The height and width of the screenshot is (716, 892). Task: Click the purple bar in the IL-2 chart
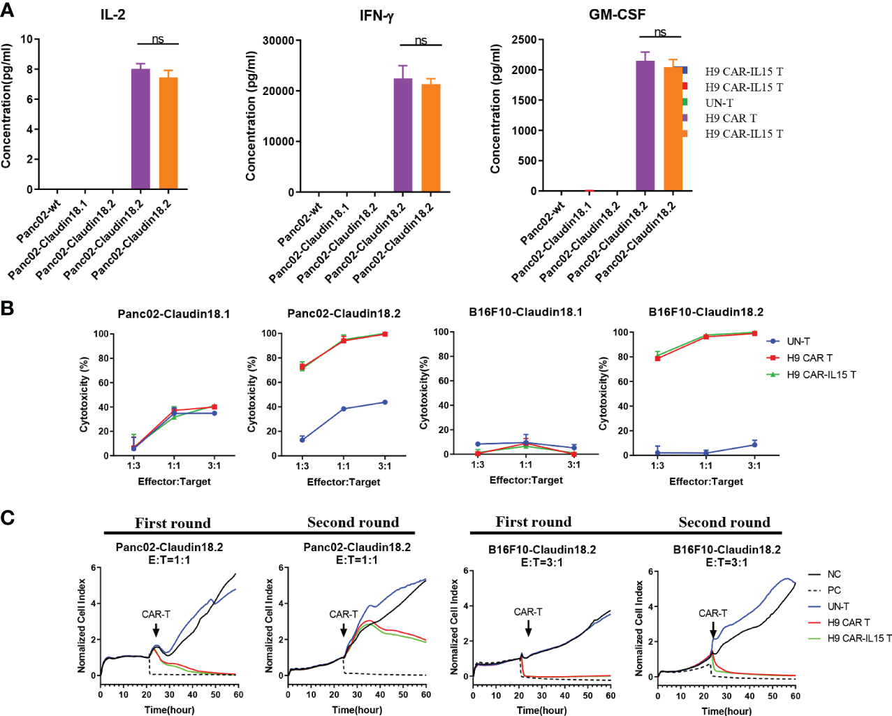tap(140, 129)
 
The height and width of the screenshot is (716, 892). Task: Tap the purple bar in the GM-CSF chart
tap(645, 126)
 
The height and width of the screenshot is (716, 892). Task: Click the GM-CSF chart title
tap(617, 14)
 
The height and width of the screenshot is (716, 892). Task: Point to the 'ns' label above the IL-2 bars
tap(158, 39)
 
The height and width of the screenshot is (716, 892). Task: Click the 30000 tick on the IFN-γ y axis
tap(278, 41)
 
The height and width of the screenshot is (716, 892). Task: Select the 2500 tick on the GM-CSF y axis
tap(524, 40)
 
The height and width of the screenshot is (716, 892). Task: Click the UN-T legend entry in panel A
tap(719, 103)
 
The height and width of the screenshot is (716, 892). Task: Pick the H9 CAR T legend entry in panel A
tap(731, 118)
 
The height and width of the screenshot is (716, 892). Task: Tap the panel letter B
tap(8, 308)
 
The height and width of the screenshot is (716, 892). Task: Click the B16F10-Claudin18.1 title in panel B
tap(525, 312)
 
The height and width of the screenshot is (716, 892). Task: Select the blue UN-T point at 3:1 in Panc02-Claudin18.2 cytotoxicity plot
tap(385, 402)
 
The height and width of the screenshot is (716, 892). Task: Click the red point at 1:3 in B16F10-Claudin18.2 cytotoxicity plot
tap(657, 358)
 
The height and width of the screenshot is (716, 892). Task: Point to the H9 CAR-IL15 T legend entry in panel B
tap(821, 374)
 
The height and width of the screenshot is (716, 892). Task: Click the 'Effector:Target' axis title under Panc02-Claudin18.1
tap(174, 481)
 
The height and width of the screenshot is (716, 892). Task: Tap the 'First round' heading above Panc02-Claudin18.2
tap(173, 523)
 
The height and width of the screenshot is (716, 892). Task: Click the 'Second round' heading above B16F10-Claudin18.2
tap(724, 523)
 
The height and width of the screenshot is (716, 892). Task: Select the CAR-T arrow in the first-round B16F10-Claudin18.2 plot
tap(528, 627)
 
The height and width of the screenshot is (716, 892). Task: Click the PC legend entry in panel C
tap(833, 590)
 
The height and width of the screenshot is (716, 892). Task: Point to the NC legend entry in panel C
tap(833, 574)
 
